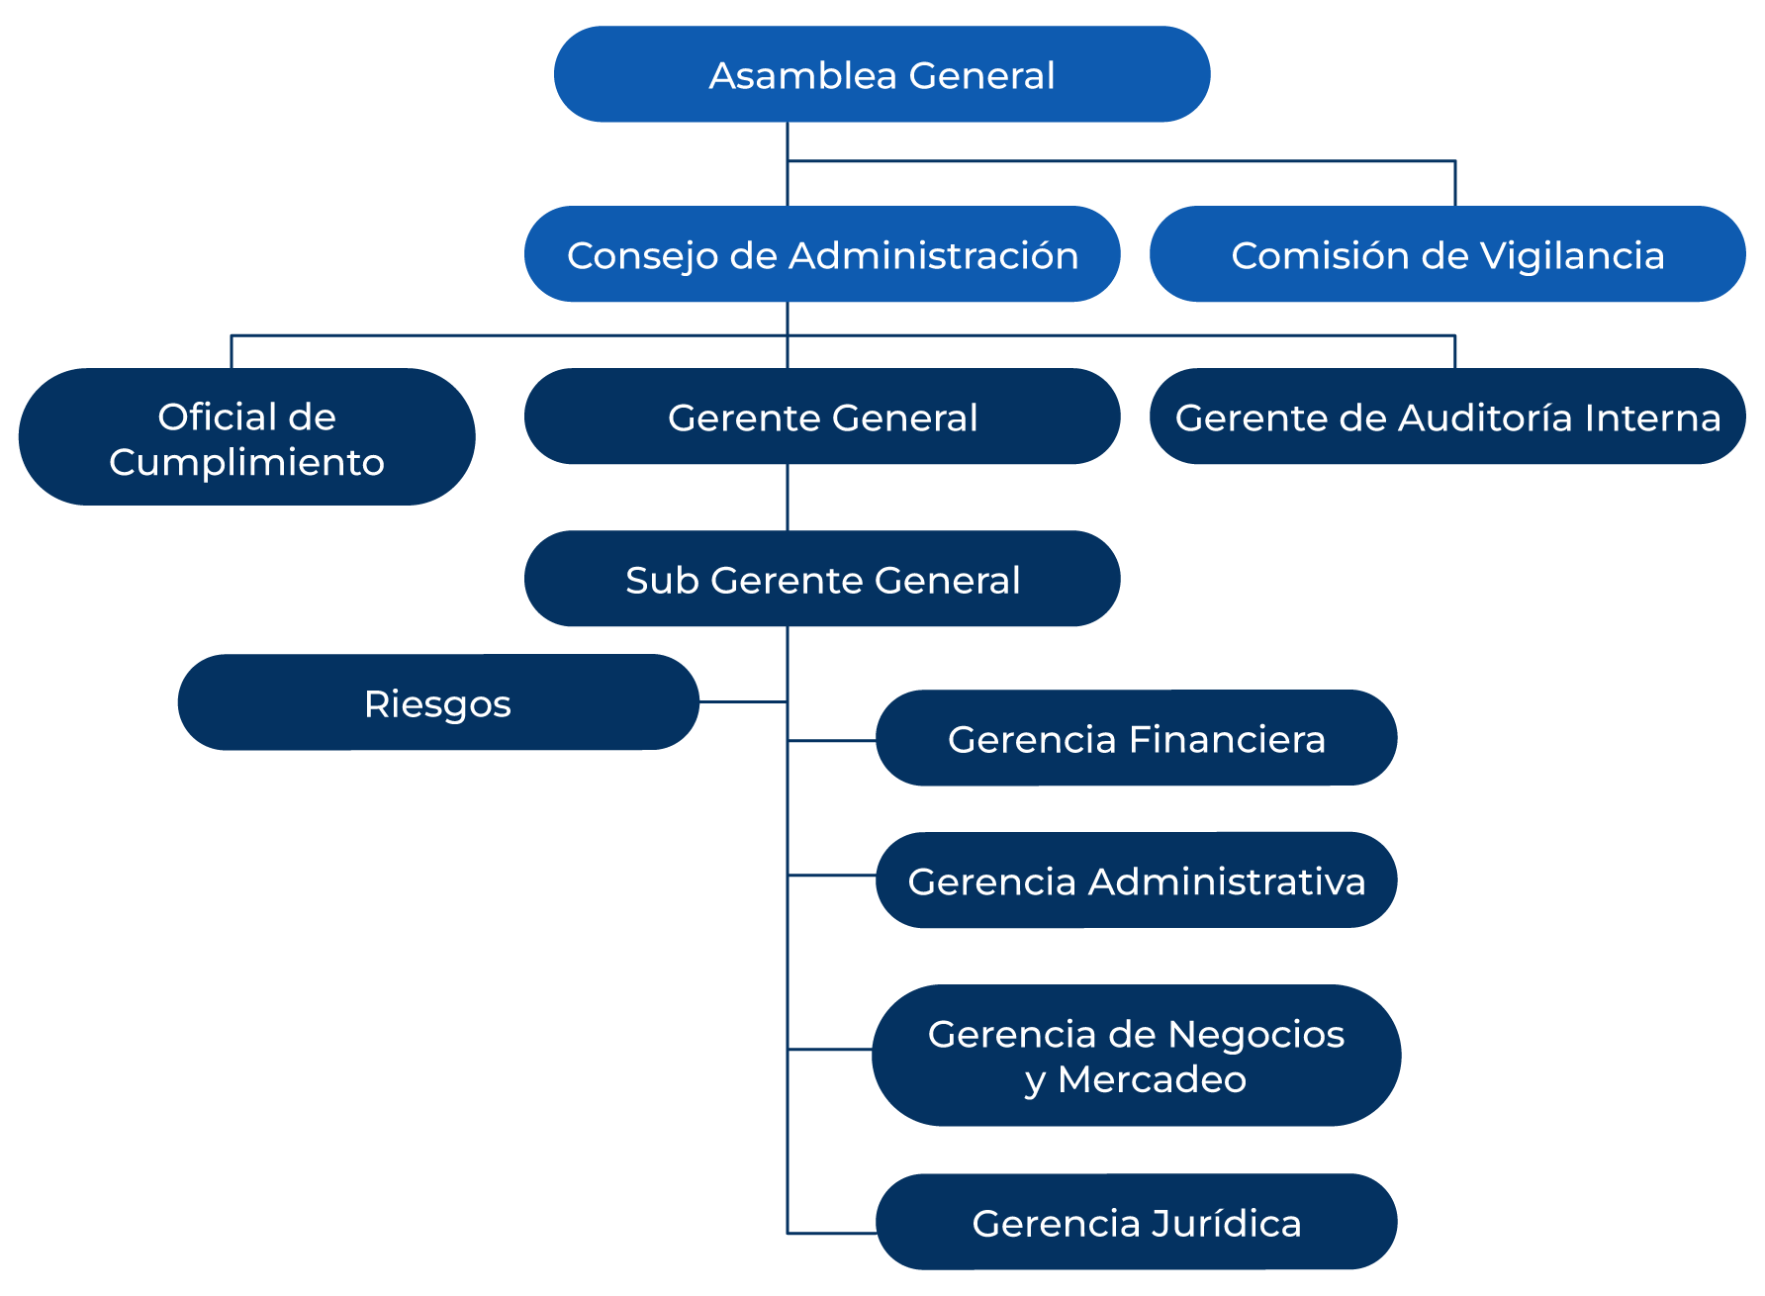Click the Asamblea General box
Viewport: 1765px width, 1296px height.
coord(882,74)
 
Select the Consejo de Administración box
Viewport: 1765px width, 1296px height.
coord(822,254)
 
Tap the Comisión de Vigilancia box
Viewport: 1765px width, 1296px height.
coord(1447,254)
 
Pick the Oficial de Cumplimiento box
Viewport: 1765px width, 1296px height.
coord(246,437)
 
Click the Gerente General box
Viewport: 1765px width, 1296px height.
coord(822,417)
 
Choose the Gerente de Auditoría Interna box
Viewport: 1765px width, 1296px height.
coord(1447,417)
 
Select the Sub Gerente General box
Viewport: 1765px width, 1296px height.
coord(822,579)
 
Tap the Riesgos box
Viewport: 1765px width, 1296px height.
coord(437,702)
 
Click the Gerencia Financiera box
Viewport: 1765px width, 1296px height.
coord(1136,738)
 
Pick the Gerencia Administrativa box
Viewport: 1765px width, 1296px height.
coord(1136,879)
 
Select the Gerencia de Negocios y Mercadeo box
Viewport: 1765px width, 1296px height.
coord(1136,1055)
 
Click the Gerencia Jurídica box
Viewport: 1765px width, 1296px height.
coord(1136,1222)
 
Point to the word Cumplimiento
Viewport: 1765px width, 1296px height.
coord(246,462)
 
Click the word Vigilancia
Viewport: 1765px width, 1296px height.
coord(1572,255)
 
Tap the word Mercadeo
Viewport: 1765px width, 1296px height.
coord(1152,1079)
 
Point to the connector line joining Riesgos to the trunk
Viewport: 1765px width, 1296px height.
coord(742,702)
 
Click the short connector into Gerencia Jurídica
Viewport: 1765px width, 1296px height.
coord(831,1234)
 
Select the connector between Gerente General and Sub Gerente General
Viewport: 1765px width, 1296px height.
coord(788,498)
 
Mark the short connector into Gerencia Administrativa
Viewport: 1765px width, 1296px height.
coord(831,876)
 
